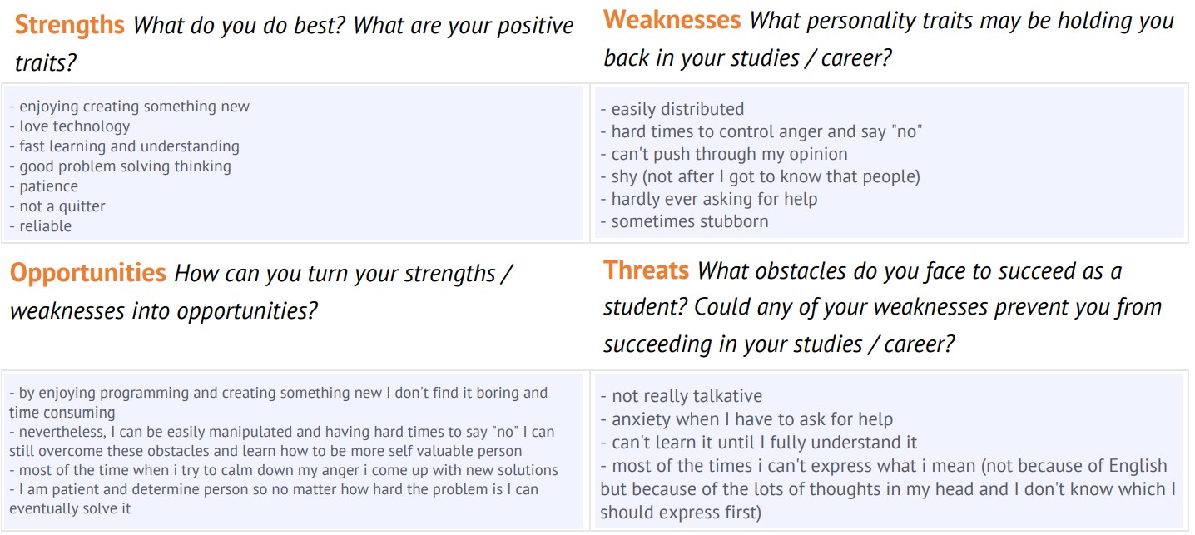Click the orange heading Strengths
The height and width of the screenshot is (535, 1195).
click(x=69, y=25)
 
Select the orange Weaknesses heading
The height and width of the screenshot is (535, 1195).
click(x=672, y=20)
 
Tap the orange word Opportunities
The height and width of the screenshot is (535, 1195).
click(x=88, y=273)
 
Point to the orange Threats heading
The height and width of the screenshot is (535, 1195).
click(x=646, y=270)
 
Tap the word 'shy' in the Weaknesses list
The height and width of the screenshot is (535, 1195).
click(x=624, y=176)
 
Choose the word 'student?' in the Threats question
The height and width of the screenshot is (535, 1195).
click(x=644, y=307)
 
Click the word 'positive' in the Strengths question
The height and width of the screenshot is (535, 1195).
click(x=535, y=26)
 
